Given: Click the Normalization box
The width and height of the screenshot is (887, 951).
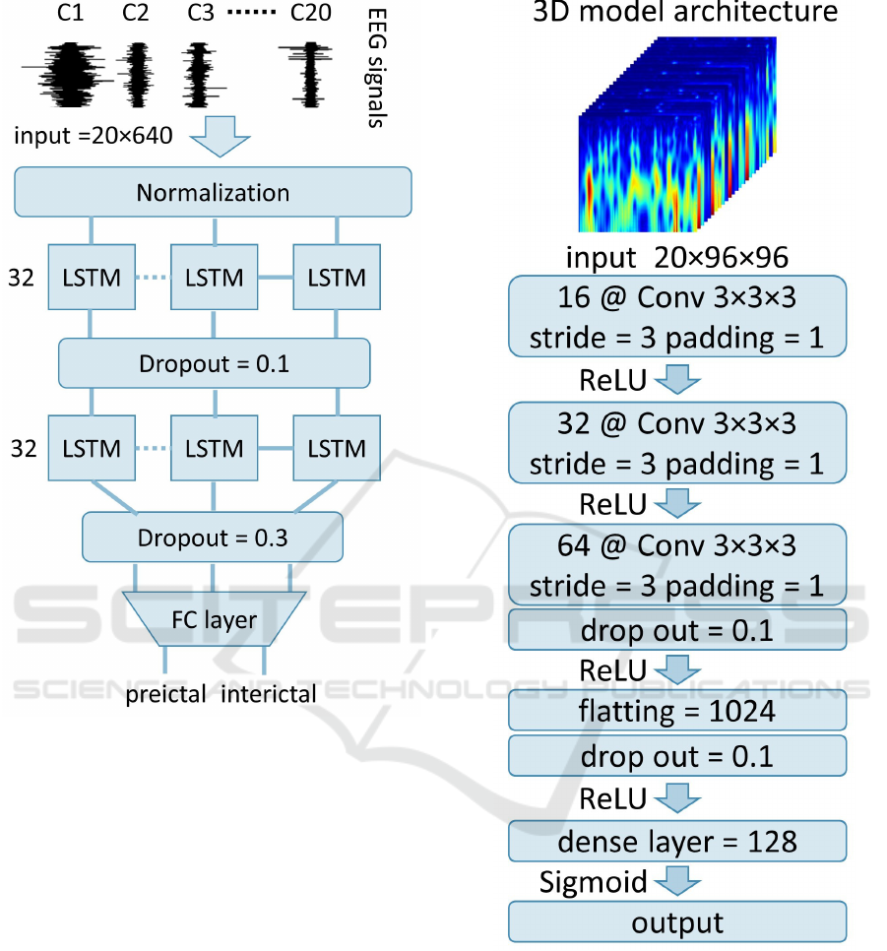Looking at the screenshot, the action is pos(213,192).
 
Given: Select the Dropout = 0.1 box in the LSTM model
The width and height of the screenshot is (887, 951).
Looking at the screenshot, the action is pos(215,363).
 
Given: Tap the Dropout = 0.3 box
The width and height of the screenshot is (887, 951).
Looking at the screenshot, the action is pos(213,538).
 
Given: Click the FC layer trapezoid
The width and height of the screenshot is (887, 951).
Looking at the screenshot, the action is pos(215,618).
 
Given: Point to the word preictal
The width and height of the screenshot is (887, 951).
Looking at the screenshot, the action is pos(165,694).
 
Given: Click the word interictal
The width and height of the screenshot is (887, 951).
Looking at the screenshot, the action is pos(268,694).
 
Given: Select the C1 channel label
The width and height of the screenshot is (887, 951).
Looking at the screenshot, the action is pos(70,12).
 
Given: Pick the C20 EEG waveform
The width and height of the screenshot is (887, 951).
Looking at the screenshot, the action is pos(309,75).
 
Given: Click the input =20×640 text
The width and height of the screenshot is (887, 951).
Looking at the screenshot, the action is pos(94,136).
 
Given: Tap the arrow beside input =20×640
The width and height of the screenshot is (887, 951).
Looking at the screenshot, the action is pos(219,136).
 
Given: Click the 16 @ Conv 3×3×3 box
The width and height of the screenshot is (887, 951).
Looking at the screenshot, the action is pos(677,317).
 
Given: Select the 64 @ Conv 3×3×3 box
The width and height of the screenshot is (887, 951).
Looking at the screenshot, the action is pos(677,565).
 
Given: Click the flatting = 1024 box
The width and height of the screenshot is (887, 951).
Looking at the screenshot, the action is pos(677,710).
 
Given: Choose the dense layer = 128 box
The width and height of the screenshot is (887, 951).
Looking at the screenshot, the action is pos(677,841).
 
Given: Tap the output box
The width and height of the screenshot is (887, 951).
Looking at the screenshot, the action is pos(677,921).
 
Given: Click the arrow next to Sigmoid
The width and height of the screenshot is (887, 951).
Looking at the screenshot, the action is pos(677,881).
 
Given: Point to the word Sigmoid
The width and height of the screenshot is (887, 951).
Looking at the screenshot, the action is pos(593,882).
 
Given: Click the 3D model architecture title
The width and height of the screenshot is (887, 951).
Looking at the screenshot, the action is pos(685,12).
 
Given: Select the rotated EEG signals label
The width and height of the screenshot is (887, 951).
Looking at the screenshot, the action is pos(377,68).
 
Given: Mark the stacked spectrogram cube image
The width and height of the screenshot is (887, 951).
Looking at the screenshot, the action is pos(677,134).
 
